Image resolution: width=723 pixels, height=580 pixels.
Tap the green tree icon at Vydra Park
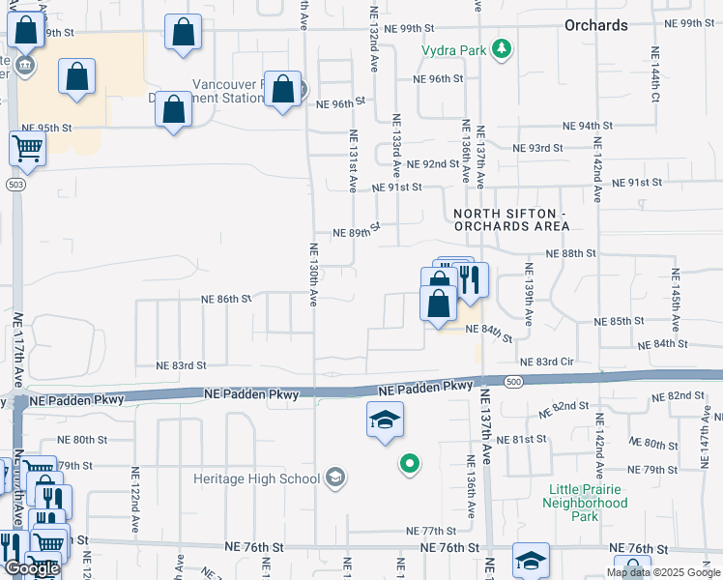tap(501, 48)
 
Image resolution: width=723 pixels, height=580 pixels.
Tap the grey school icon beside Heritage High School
tap(335, 476)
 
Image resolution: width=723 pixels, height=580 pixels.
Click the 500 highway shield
tap(513, 383)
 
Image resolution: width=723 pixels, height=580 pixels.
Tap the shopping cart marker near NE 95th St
tap(27, 149)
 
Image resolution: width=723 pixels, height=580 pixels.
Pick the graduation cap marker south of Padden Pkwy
tap(385, 420)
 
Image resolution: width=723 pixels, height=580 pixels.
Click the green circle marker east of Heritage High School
tap(409, 465)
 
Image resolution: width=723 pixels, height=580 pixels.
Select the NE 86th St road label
tap(226, 300)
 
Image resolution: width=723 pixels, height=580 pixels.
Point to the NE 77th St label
tap(431, 531)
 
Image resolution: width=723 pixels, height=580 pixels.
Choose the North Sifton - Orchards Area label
tap(507, 218)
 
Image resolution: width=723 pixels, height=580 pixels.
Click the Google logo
tap(32, 568)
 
